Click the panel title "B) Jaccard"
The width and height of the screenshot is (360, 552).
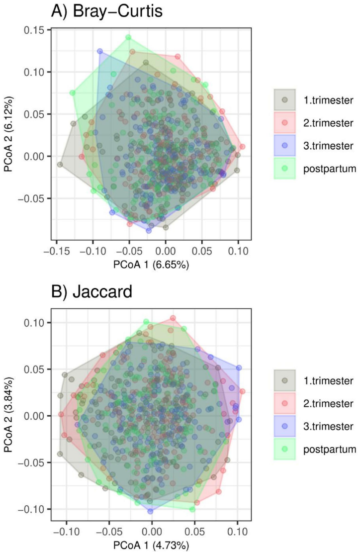coord(92,292)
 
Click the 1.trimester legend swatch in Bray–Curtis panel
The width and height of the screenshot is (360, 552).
coord(284,100)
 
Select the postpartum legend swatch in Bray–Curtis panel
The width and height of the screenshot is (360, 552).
coord(284,168)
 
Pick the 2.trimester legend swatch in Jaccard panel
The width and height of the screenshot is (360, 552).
coord(284,404)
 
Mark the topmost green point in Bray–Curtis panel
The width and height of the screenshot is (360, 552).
coord(128,37)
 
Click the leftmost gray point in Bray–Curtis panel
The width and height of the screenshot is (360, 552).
coord(60,164)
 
